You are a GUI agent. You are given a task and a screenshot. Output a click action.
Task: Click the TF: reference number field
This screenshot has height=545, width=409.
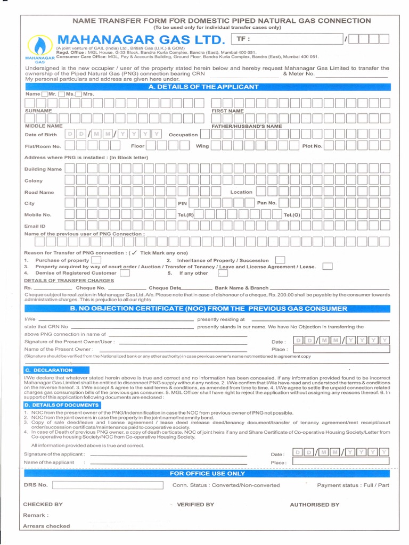[x=288, y=39]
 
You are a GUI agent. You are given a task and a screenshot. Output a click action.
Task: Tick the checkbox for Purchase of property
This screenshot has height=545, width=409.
[x=96, y=260]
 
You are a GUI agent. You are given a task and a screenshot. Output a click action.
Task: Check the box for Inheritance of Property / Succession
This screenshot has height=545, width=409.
[x=280, y=260]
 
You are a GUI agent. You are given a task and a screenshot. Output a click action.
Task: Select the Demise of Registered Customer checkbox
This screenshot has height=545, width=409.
[x=125, y=273]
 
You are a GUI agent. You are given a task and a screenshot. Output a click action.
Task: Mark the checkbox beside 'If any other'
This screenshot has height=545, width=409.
[x=223, y=273]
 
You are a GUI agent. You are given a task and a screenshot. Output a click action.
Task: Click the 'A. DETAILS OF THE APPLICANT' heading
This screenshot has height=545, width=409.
[x=204, y=87]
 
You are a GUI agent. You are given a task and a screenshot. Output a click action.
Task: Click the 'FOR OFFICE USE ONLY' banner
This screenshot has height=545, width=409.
[x=207, y=473]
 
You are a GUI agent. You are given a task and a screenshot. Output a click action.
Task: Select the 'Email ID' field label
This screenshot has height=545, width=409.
[x=35, y=226]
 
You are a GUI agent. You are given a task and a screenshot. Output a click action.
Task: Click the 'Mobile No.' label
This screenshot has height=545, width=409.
[x=38, y=215]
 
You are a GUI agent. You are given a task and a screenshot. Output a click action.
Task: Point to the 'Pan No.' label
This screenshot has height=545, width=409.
[x=267, y=203]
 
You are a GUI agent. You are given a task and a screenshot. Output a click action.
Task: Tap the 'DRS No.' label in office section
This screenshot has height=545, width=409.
[x=36, y=485]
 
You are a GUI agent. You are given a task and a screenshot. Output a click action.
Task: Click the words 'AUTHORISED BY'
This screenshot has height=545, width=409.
[x=314, y=505]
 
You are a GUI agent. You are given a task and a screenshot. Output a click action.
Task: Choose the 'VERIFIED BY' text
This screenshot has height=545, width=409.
[x=195, y=505]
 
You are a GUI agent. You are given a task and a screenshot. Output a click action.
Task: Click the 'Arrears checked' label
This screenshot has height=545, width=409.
[x=46, y=526]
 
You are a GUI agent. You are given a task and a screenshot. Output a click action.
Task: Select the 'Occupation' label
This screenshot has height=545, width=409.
[x=183, y=135]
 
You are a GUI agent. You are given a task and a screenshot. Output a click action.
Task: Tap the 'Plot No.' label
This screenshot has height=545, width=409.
[x=312, y=146]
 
